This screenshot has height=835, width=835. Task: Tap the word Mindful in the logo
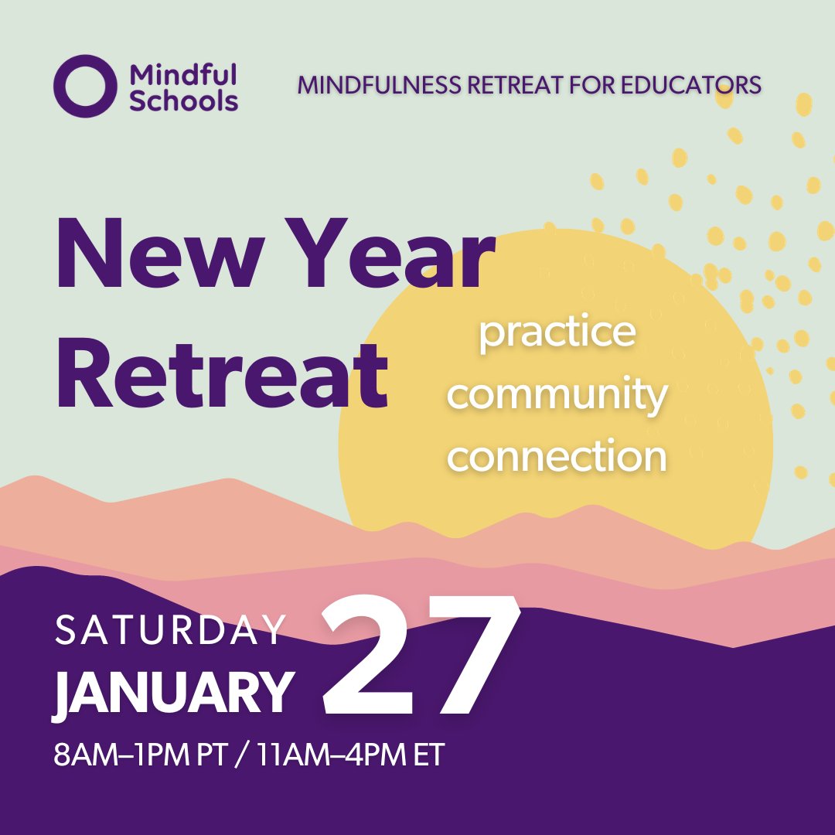[182, 75]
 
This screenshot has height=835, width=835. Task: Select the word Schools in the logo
[184, 101]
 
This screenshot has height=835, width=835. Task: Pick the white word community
[557, 395]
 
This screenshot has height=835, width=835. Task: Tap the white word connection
[557, 456]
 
